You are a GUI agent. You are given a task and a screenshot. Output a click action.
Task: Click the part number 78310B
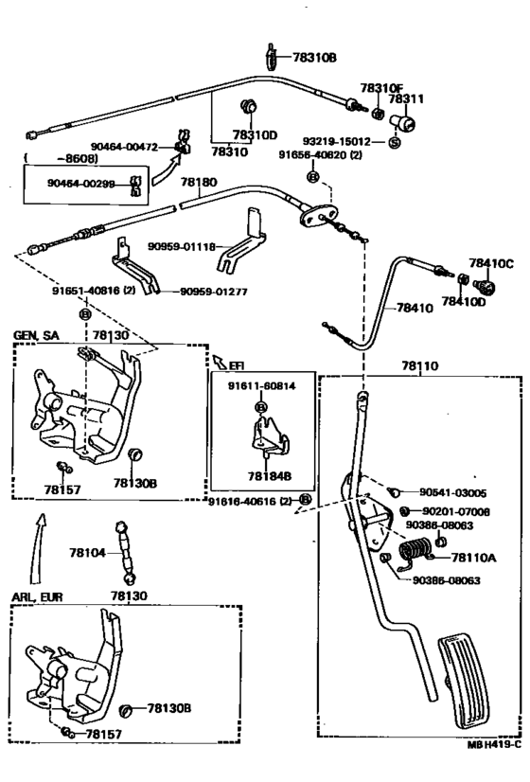coord(314,58)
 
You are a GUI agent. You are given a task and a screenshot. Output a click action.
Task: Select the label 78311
coord(406,98)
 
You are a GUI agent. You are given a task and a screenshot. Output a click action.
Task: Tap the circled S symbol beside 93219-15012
coord(394,142)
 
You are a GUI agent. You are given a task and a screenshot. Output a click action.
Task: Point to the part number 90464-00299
coord(81,184)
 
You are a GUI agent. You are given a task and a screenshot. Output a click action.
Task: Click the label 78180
coord(199,182)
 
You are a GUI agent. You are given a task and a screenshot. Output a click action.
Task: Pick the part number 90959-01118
coord(182,246)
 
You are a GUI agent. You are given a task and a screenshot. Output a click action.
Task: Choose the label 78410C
coord(490,264)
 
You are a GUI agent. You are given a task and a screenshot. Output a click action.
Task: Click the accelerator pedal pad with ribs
coord(464,681)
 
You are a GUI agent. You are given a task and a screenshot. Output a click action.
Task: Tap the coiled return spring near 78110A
coord(415,552)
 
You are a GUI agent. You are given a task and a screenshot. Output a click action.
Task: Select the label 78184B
coord(269,476)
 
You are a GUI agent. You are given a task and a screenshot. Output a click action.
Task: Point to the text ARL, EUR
coord(38,597)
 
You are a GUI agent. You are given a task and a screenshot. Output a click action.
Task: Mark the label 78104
coord(87,553)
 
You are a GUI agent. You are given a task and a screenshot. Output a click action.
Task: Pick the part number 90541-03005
coord(452,493)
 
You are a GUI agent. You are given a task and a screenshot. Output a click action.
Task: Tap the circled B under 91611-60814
coord(261,407)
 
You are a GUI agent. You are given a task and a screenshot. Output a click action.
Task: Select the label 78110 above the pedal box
coord(420,366)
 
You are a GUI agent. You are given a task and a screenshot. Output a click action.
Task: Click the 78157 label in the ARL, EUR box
coord(104,734)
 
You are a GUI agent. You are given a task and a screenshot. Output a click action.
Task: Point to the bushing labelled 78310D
coord(248,107)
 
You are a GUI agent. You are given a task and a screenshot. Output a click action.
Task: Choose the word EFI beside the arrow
coord(237,365)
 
